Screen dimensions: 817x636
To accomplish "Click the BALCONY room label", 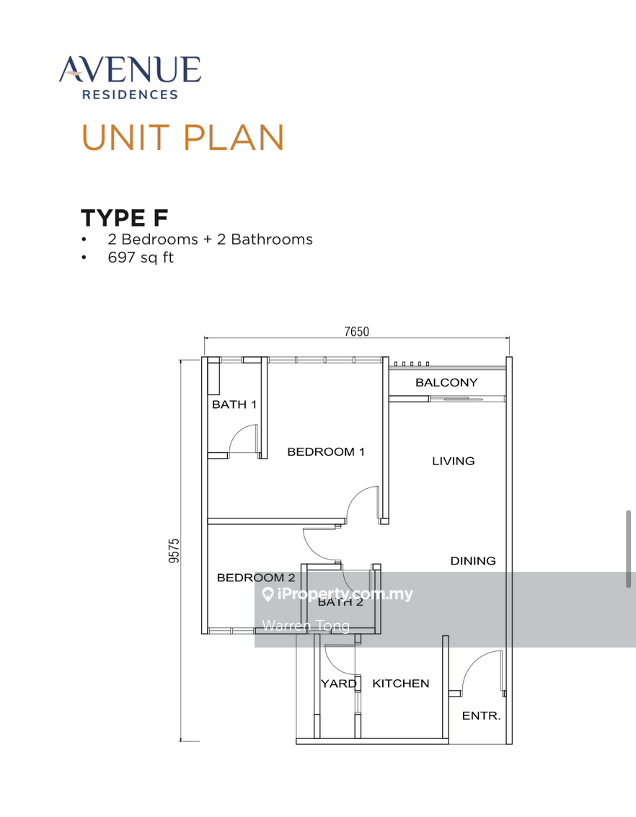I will [x=446, y=383].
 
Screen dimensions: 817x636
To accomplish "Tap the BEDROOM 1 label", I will [x=326, y=452].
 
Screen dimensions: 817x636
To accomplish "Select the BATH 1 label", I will [x=234, y=405].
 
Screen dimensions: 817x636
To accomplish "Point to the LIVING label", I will [x=453, y=461].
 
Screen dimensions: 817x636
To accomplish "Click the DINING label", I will [x=473, y=560].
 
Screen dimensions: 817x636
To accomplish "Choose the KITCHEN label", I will [x=400, y=684].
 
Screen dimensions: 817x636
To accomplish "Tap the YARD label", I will [x=338, y=684].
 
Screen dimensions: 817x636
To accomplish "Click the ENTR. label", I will [x=481, y=716].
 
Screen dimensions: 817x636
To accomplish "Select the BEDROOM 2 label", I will [x=256, y=578].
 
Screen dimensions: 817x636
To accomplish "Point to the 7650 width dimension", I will [x=356, y=332].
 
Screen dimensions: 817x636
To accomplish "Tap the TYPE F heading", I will [x=125, y=218].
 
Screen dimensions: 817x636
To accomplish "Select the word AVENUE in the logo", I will [x=131, y=70].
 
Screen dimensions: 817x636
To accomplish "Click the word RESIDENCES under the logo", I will [x=131, y=94].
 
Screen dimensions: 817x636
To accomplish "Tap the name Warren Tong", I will [x=306, y=625].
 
